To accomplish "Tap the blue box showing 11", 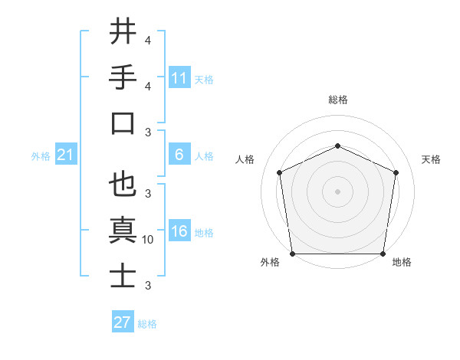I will [x=179, y=78].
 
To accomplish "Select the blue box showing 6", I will [x=179, y=155].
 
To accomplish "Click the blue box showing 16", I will [x=179, y=232].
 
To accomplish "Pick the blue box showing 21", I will [x=66, y=155].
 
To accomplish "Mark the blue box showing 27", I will [x=123, y=322].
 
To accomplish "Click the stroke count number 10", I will [x=148, y=240].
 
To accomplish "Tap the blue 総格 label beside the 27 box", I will [x=147, y=324].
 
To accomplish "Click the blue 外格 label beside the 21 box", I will [x=41, y=156].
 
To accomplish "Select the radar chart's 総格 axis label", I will [x=337, y=100].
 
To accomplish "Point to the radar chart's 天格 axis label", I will [x=431, y=159].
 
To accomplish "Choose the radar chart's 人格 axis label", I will [x=245, y=159].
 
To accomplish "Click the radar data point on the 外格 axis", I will [x=292, y=254].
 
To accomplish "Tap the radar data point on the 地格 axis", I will [x=383, y=254].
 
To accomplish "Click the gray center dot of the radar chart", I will [x=337, y=191].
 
